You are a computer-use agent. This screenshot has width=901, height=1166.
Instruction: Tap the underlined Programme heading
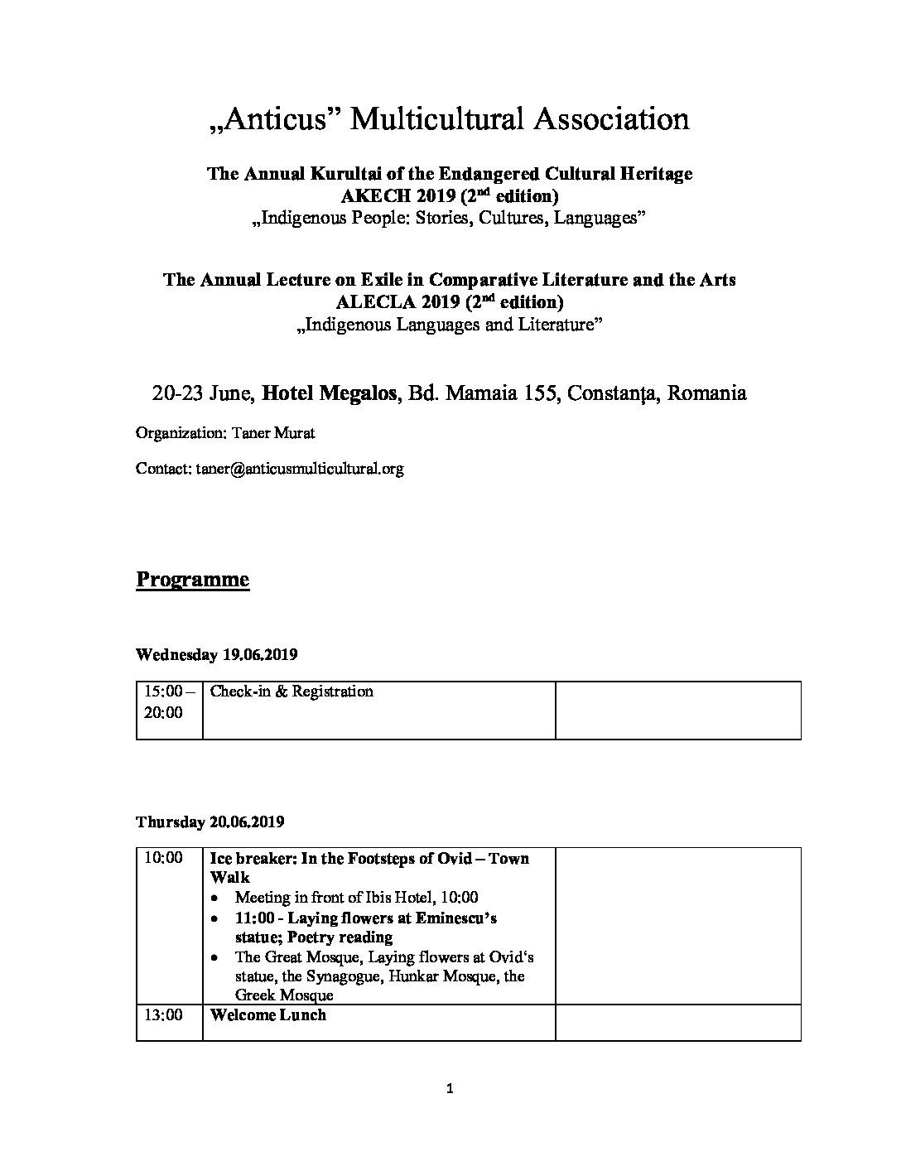pos(192,579)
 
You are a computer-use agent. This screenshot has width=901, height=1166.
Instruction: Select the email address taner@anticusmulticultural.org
pos(300,469)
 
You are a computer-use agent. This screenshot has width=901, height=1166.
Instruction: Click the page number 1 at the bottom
pos(450,1090)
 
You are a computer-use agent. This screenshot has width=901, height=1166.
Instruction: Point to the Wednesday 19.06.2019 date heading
pos(216,655)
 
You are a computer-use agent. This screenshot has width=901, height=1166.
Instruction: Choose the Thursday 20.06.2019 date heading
pos(210,822)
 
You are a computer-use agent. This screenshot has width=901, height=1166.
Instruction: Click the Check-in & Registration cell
pos(291,691)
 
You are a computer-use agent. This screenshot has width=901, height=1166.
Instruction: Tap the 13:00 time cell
pos(163,1015)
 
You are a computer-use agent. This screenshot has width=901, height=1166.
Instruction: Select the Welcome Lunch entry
pos(268,1015)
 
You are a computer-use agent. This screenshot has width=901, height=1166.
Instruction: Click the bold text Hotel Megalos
pos(328,393)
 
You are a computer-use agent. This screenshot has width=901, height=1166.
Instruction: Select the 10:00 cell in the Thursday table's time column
pos(163,858)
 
